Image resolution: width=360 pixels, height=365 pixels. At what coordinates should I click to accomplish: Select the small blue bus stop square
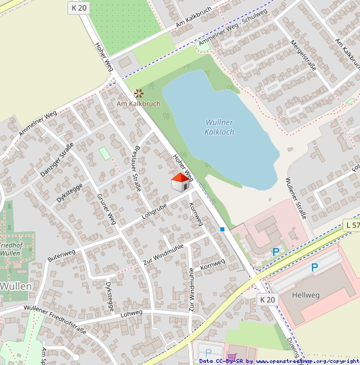point(222,229)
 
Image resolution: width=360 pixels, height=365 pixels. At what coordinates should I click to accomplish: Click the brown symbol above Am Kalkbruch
point(138,94)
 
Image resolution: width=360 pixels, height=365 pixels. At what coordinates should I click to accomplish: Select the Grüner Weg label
point(106,209)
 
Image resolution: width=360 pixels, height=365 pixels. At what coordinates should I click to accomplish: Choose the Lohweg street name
point(132,312)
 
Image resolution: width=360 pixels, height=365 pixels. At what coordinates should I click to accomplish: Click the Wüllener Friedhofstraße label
point(55,317)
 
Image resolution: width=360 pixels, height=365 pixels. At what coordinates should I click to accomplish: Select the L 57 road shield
point(352,226)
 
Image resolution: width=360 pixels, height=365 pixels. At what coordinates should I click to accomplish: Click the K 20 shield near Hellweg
point(267,300)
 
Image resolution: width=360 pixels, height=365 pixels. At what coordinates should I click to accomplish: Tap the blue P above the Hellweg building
point(315,266)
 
